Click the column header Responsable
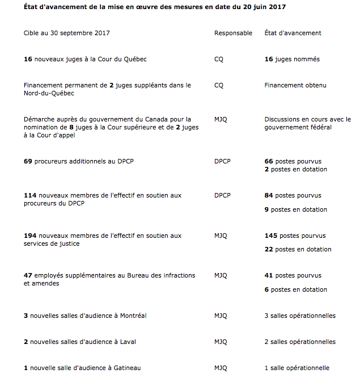pos(233,33)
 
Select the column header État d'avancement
pos(293,33)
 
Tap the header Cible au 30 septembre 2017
pos(67,33)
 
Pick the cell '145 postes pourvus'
pos(295,236)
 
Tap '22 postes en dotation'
pos(298,249)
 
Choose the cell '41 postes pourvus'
pos(293,275)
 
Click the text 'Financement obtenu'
pos(295,85)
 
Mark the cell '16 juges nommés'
pos(291,59)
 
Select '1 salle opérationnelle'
pos(297,368)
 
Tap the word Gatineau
pos(126,368)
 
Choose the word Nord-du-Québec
pos(49,93)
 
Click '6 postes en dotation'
pos(295,289)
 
